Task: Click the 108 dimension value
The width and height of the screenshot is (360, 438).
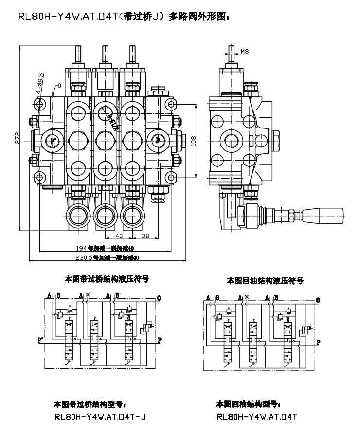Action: tap(193, 140)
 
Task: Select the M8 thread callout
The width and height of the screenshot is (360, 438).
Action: tap(245, 51)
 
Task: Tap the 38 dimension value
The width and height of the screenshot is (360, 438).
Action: tap(145, 236)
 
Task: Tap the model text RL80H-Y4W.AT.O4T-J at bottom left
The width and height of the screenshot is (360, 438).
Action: tap(101, 417)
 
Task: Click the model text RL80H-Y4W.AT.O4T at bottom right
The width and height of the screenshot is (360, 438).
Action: tap(257, 417)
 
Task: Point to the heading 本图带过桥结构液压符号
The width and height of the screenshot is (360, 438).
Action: tap(107, 279)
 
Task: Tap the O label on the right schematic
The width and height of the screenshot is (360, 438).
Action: tap(318, 300)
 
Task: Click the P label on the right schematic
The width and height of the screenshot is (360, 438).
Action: tap(318, 342)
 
